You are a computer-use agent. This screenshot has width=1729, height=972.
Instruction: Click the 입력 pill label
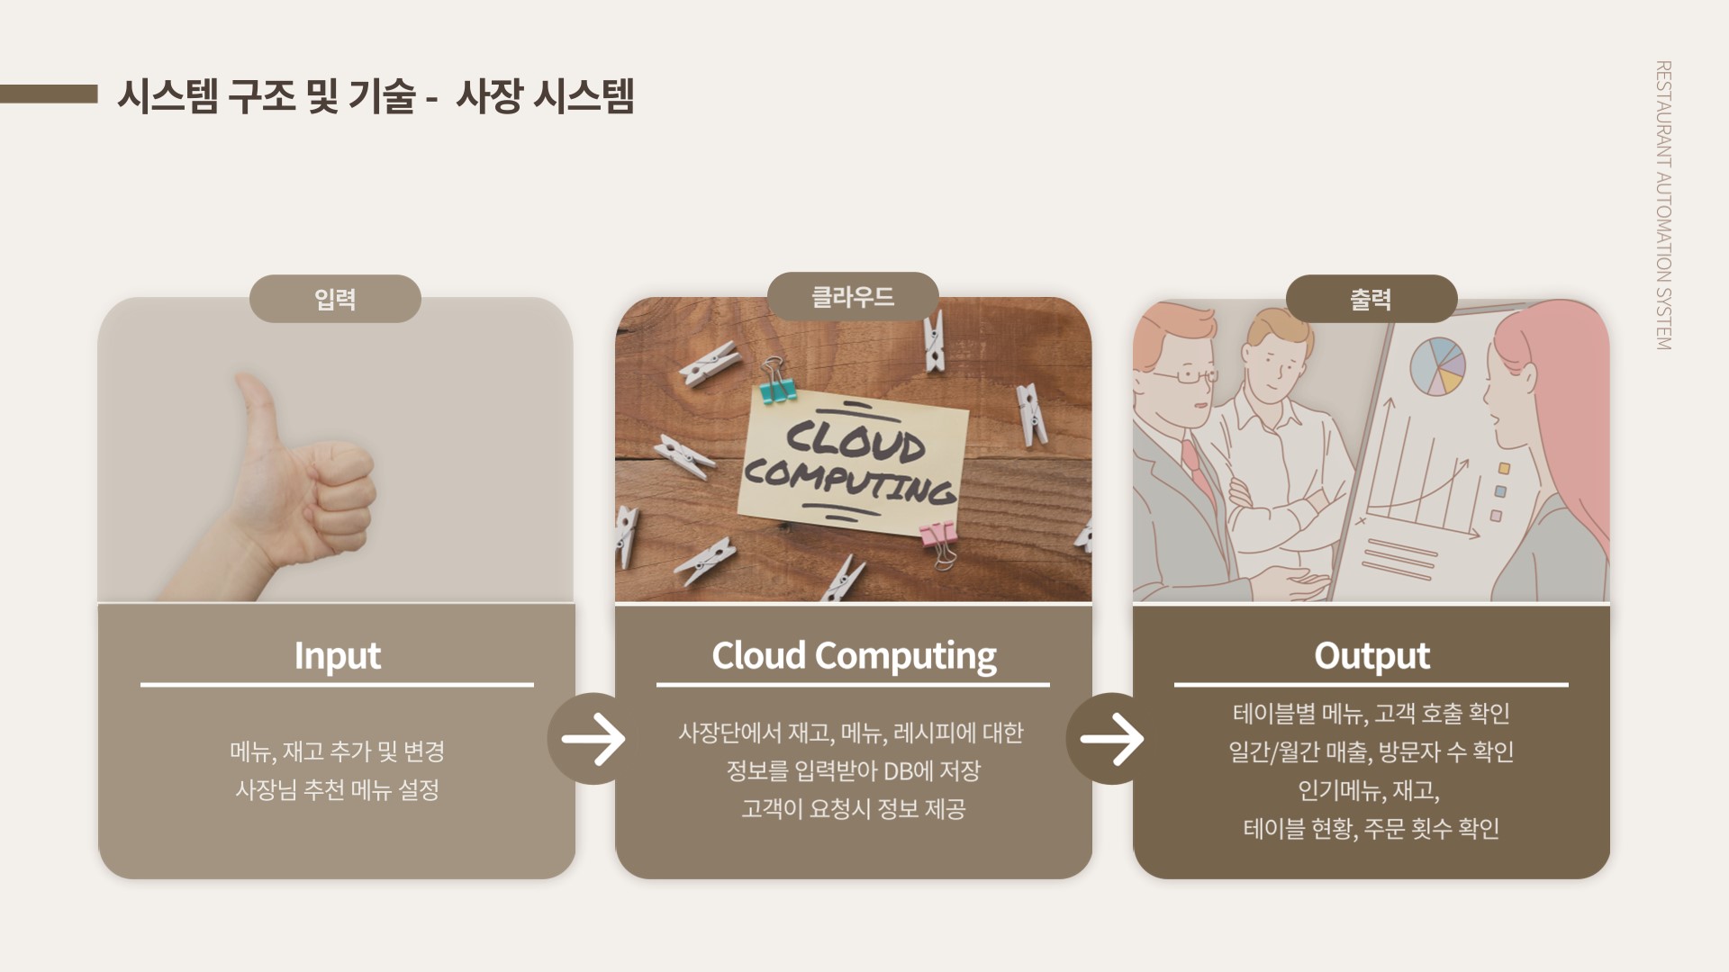[x=335, y=299]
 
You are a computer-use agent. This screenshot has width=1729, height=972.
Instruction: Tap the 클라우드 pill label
[x=853, y=296]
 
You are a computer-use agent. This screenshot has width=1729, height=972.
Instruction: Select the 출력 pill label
[x=1371, y=299]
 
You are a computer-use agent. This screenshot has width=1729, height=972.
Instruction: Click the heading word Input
[x=338, y=655]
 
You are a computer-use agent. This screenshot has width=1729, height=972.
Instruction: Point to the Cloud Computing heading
[x=854, y=655]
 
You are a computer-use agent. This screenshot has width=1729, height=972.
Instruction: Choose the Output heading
[x=1371, y=655]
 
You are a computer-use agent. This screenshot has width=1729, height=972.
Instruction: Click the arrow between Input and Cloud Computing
[x=593, y=739]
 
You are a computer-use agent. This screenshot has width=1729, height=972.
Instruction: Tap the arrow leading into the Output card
[x=1112, y=739]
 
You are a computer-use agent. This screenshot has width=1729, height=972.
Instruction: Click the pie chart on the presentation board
[x=1437, y=365]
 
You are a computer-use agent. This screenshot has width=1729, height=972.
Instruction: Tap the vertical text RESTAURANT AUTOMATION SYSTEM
[x=1664, y=205]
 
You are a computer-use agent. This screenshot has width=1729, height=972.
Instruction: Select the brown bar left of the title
[x=49, y=94]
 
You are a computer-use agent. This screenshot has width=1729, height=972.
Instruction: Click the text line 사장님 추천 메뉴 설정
[x=338, y=789]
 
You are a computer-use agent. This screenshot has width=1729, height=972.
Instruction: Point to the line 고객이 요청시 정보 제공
[x=854, y=808]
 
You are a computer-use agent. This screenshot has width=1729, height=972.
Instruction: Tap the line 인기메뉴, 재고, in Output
[x=1369, y=790]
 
